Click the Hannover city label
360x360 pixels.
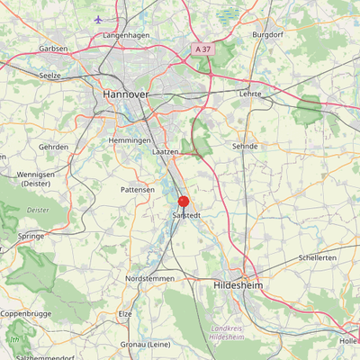[125, 93]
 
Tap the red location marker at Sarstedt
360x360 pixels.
[184, 202]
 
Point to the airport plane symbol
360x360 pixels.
[98, 19]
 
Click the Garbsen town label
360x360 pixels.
[54, 49]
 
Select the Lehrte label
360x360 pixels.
[249, 94]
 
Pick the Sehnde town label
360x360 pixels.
[245, 146]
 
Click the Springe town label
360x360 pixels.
[31, 236]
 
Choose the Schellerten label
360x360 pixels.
[318, 257]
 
